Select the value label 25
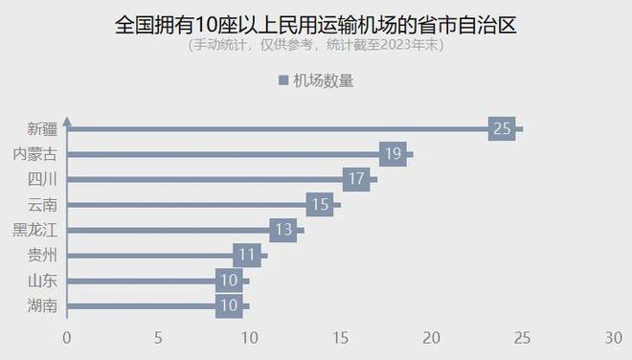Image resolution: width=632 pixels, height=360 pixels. (502, 128)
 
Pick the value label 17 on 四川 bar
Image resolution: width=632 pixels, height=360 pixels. (356, 179)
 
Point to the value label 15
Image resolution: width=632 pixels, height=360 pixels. (320, 204)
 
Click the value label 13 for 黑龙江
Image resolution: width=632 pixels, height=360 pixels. (283, 230)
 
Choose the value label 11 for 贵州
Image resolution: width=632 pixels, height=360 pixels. (247, 255)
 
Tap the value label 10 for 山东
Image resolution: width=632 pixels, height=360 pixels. (229, 281)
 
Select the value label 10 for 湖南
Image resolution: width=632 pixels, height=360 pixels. (229, 306)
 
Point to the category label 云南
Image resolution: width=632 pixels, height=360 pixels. (43, 204)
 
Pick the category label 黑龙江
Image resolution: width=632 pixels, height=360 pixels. (34, 230)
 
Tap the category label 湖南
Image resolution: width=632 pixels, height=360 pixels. (43, 306)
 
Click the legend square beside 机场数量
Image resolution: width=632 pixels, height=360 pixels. (282, 81)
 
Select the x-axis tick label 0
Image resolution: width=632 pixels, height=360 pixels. (67, 338)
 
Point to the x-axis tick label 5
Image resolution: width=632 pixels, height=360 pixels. (158, 338)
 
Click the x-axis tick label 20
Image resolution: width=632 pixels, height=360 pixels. (432, 338)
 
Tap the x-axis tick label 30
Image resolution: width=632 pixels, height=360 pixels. (614, 338)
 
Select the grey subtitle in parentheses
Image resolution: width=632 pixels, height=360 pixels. (315, 45)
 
